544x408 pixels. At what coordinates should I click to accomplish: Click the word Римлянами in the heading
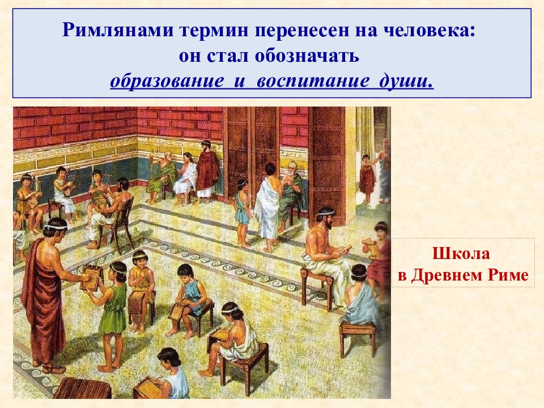[118, 30]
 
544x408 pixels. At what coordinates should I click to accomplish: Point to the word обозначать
[307, 56]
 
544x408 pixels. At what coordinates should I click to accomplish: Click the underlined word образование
[167, 81]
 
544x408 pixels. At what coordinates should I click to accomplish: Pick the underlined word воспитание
[313, 81]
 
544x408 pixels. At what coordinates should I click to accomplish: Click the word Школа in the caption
[461, 254]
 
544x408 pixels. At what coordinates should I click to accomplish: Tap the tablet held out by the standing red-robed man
[91, 278]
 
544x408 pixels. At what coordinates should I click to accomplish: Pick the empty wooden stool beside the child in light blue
[358, 337]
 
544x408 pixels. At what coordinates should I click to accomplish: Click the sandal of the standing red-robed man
[54, 368]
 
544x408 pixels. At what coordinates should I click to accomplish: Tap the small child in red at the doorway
[367, 178]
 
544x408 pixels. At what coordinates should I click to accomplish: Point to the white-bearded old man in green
[291, 194]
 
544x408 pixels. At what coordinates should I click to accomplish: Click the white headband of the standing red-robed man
[56, 226]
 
